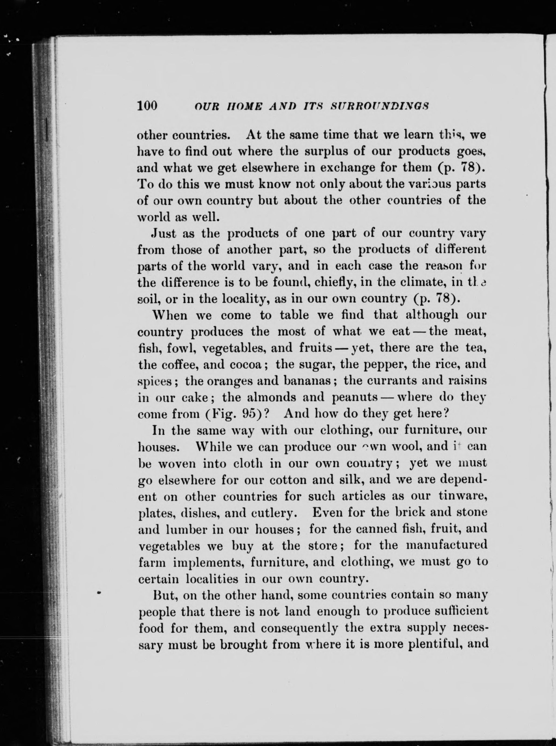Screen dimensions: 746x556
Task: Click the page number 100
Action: click(x=147, y=106)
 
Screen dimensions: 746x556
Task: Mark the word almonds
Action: click(x=271, y=397)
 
